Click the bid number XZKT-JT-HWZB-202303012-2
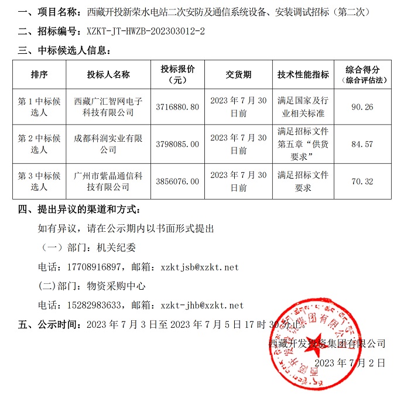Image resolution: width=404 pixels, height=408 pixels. pos(145,30)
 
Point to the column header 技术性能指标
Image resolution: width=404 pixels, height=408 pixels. pos(303,74)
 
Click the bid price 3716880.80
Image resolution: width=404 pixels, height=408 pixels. pos(178,107)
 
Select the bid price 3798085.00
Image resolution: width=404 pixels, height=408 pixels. pos(178,144)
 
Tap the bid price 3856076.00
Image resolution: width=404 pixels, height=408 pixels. pos(178,181)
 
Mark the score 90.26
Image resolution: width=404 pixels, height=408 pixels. pos(362,107)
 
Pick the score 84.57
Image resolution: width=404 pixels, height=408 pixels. pos(362,144)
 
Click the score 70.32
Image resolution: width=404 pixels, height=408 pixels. pos(362,181)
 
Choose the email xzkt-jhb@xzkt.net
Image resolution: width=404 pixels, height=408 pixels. pos(201,305)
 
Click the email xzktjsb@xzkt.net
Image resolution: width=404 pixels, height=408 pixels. pos(199,267)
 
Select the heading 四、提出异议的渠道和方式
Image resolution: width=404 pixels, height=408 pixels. pos(79,209)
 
